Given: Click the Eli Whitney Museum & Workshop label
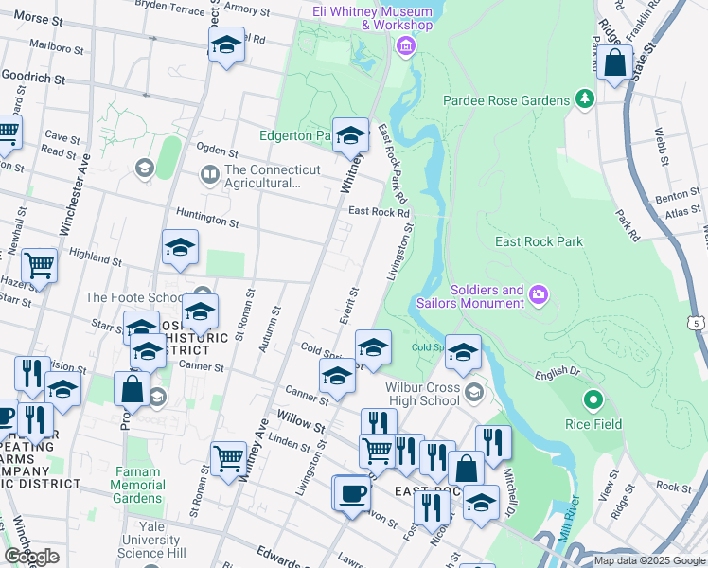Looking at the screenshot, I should click(x=372, y=18).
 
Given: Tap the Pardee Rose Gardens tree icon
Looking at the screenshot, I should click(x=586, y=99).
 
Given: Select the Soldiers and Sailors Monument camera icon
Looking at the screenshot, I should click(x=539, y=295).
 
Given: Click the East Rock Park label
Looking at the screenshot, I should click(x=539, y=241).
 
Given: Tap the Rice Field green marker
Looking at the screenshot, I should click(x=593, y=400).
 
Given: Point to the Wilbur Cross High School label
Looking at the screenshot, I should click(x=422, y=394).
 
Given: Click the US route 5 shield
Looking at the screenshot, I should click(x=699, y=324).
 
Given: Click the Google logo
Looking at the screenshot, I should click(x=31, y=556).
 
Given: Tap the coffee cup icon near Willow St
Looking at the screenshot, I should click(x=352, y=493).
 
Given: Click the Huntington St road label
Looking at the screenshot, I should click(x=206, y=221).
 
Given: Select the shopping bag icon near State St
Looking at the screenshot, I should click(x=614, y=62).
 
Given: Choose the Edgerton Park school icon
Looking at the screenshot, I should click(x=350, y=135).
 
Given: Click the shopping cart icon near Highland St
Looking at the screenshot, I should click(x=39, y=264).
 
